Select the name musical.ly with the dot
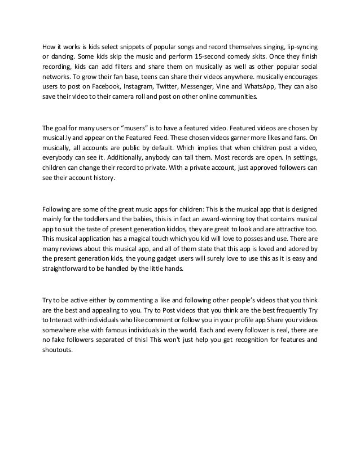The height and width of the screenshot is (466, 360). click(x=58, y=138)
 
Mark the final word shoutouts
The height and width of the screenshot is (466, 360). click(x=58, y=350)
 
